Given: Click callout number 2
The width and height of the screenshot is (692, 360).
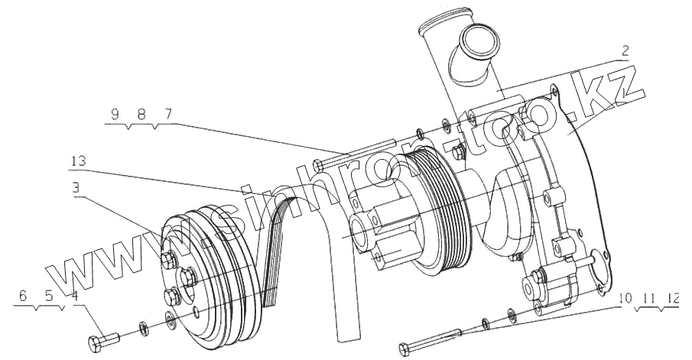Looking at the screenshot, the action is click(x=625, y=51).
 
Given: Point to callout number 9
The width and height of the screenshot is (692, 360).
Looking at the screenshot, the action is click(x=114, y=115).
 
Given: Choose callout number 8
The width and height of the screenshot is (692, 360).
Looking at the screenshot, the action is click(x=141, y=115).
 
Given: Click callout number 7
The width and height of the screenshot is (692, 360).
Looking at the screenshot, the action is click(x=167, y=115).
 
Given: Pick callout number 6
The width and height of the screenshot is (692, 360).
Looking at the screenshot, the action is click(x=23, y=295).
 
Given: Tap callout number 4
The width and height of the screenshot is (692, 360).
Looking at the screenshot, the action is click(x=74, y=295).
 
